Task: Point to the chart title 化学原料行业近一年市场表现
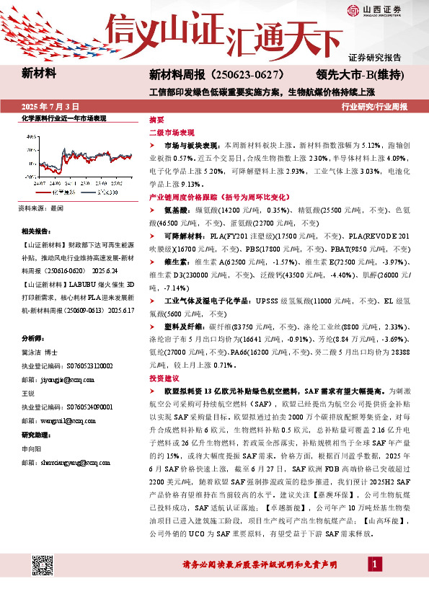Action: (63, 118)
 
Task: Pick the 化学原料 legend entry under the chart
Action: (61, 193)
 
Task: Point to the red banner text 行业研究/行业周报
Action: (374, 106)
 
